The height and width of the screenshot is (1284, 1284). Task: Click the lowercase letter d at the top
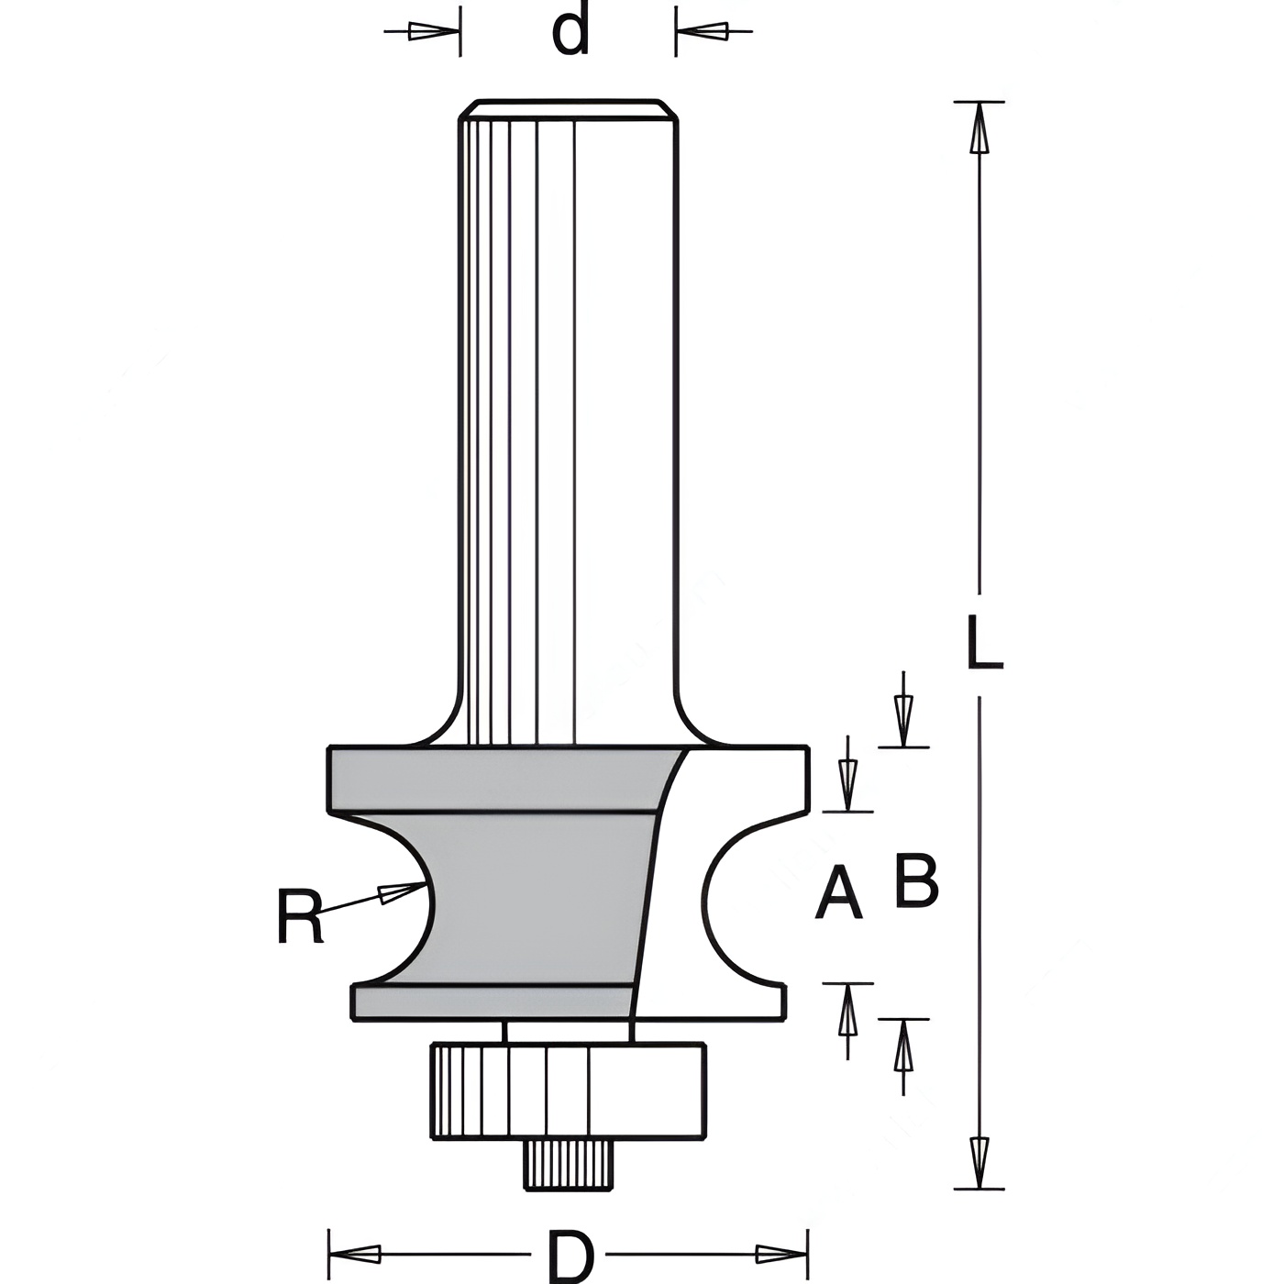tap(571, 28)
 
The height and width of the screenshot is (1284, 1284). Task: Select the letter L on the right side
tap(984, 641)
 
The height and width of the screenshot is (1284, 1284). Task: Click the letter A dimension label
tap(839, 893)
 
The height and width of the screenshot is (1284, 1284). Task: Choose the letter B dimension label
tap(916, 880)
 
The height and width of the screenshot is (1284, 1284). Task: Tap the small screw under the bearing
tap(569, 1165)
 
